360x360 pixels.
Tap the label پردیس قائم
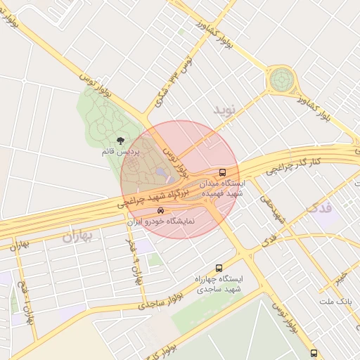(x=120, y=152)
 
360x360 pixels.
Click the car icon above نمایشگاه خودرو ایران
(x=161, y=210)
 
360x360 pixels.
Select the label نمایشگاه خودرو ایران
(x=161, y=221)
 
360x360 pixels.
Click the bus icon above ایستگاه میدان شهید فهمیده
(x=223, y=172)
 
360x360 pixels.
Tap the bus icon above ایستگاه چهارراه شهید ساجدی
(x=219, y=268)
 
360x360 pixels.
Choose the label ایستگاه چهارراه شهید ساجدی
(x=219, y=283)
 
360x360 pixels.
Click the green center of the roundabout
(x=283, y=79)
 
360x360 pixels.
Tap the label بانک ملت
(x=334, y=301)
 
